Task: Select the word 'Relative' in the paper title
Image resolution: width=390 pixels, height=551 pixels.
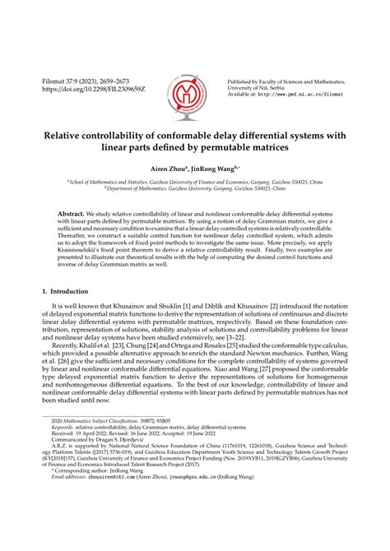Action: point(72,136)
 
